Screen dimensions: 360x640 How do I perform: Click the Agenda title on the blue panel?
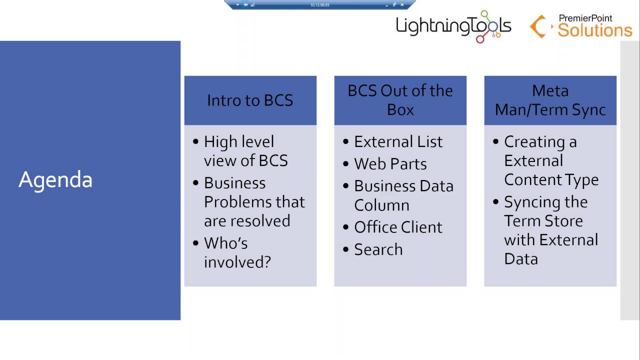pos(55,180)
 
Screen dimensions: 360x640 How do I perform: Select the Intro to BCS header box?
pos(250,100)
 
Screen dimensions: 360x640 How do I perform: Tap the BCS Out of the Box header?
pos(400,100)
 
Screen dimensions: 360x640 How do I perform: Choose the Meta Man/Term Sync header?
pos(550,100)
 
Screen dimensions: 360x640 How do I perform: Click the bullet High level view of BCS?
pos(245,151)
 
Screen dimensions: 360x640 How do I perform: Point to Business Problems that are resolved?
pos(254,201)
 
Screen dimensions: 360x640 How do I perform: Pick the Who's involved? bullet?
pos(237,252)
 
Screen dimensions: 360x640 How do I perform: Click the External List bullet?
pos(398,142)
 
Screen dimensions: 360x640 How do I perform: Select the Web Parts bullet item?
pos(390,164)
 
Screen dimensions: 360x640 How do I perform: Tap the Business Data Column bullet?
pos(403,195)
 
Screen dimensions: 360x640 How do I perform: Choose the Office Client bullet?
pos(398,227)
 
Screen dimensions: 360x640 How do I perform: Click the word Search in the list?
pos(378,249)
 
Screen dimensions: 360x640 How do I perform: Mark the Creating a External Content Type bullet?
pos(550,160)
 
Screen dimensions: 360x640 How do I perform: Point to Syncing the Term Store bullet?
pos(550,230)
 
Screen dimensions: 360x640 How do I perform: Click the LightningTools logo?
pos(453,26)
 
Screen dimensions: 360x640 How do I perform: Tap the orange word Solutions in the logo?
pos(595,30)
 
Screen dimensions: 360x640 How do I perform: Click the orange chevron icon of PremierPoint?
pos(539,26)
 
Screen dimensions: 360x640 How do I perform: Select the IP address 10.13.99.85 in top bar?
pos(319,5)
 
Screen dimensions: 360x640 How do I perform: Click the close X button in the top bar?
pos(402,5)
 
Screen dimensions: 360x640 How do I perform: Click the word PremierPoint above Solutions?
pos(585,18)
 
